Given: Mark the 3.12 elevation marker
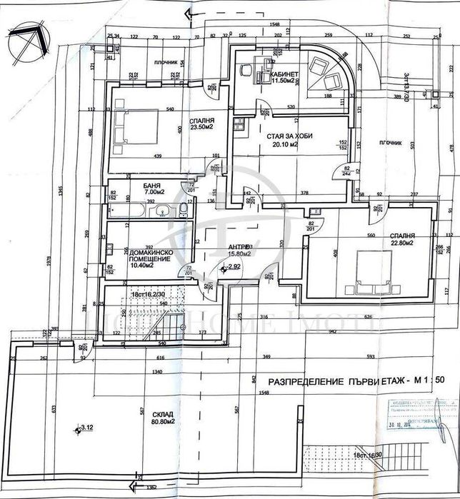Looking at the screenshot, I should pyautogui.click(x=86, y=428).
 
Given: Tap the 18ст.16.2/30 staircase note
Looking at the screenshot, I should pyautogui.click(x=149, y=294).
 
